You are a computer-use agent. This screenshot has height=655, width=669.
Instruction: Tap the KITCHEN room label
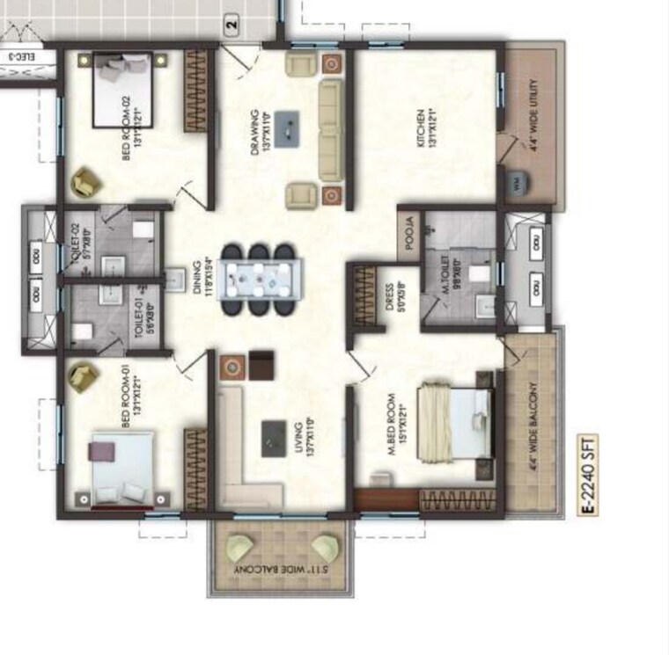tap(426, 128)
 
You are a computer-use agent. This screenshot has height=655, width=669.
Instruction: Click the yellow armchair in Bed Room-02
tap(86, 183)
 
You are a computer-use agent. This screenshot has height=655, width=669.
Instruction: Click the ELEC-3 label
tap(18, 58)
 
